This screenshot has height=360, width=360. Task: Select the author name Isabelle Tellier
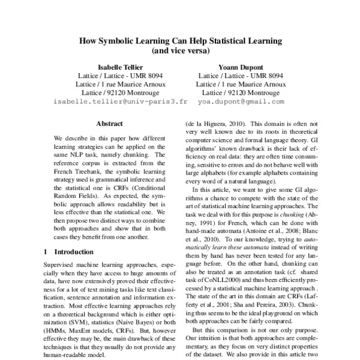click(121, 67)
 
